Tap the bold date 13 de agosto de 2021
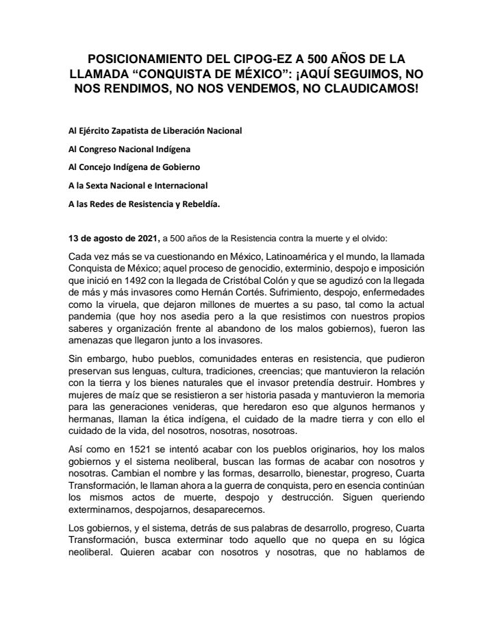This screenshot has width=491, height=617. (112, 237)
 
